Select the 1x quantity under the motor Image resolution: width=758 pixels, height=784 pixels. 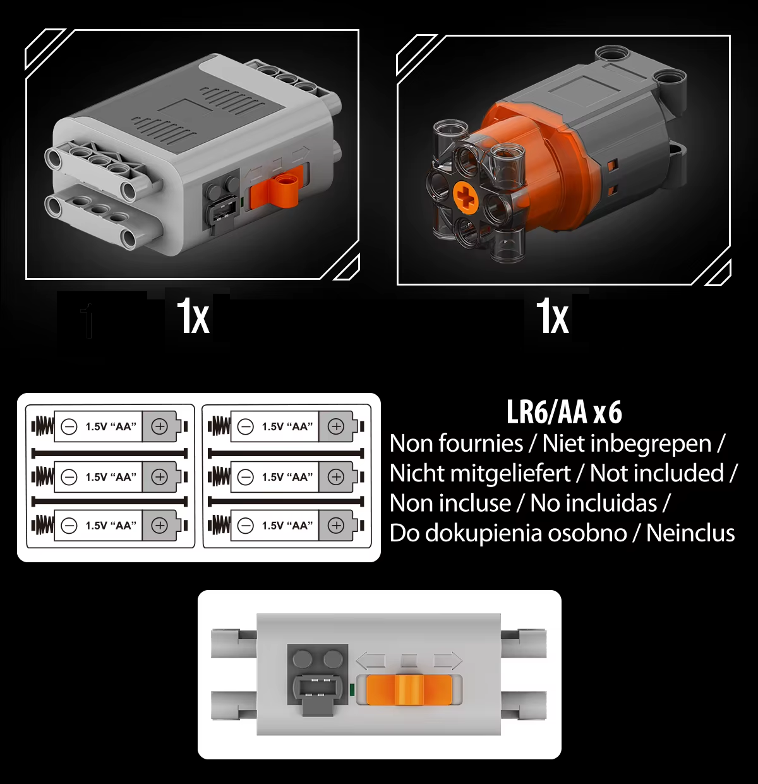click(x=553, y=317)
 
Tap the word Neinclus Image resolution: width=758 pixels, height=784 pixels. click(x=690, y=533)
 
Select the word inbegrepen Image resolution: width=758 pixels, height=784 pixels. click(x=627, y=444)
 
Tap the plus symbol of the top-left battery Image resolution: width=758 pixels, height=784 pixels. click(x=159, y=426)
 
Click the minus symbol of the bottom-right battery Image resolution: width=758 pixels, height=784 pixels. click(x=245, y=526)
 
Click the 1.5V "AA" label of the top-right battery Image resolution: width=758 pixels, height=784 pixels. click(x=287, y=426)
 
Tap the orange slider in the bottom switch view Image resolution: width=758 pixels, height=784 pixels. click(x=409, y=689)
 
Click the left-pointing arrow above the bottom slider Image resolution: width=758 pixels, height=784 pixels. click(x=370, y=661)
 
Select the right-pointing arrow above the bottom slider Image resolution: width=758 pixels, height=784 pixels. click(x=448, y=661)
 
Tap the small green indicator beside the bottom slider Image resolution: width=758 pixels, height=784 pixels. click(x=352, y=690)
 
